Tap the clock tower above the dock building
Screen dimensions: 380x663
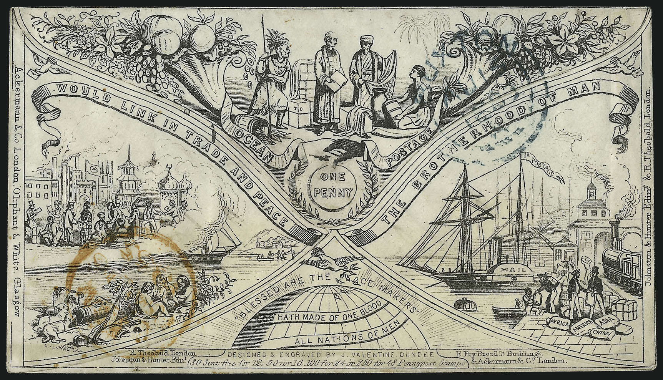pyautogui.click(x=588, y=190)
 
